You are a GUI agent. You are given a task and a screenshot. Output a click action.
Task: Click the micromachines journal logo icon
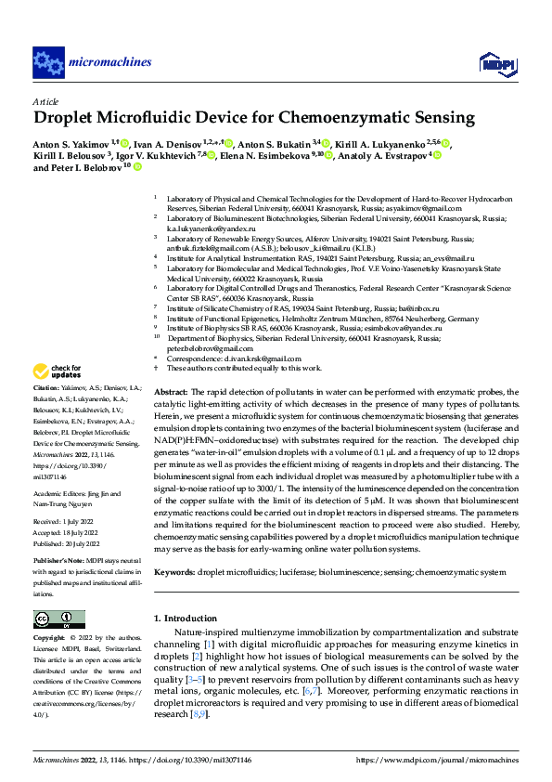tap(48, 62)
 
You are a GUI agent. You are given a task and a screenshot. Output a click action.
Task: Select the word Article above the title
tap(45, 101)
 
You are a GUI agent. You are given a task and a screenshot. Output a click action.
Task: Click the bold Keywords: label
tap(173, 573)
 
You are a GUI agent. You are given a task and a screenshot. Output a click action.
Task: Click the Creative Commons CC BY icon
tap(58, 619)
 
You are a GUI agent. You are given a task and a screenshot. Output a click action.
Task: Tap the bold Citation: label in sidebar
tap(47, 411)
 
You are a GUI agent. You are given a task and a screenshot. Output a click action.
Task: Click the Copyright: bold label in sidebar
tap(50, 638)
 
